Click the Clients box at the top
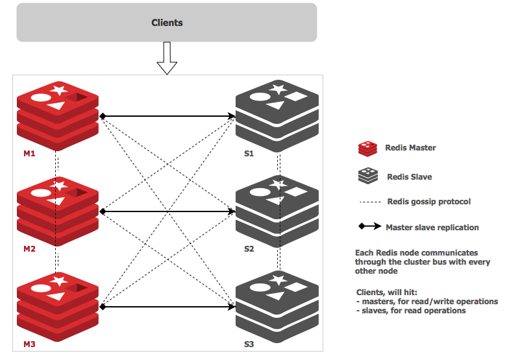click(x=167, y=23)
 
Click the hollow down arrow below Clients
click(x=167, y=58)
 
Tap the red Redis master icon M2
click(x=57, y=207)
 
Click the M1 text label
click(x=29, y=154)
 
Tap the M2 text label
click(x=29, y=249)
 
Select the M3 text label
click(x=29, y=344)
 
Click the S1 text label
click(x=249, y=154)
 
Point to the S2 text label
click(x=249, y=249)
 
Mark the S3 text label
click(x=249, y=344)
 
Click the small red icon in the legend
click(x=368, y=149)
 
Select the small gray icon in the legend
click(x=368, y=175)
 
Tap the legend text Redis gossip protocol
click(x=428, y=202)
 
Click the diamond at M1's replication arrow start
click(x=102, y=117)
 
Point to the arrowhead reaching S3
click(x=232, y=306)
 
